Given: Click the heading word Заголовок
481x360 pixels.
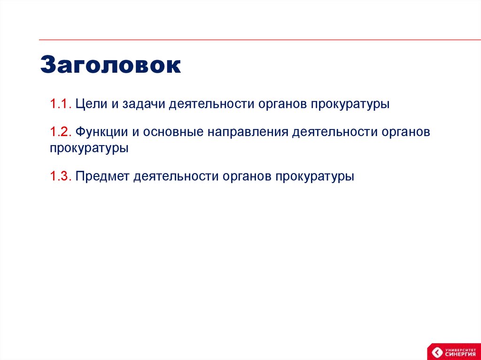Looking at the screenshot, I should (110, 65).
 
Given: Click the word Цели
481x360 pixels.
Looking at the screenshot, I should (92, 104).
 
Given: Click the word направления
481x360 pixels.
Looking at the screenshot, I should (245, 132).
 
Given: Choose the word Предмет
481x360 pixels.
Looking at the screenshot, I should (102, 176).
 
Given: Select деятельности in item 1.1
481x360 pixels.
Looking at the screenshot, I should (211, 104).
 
